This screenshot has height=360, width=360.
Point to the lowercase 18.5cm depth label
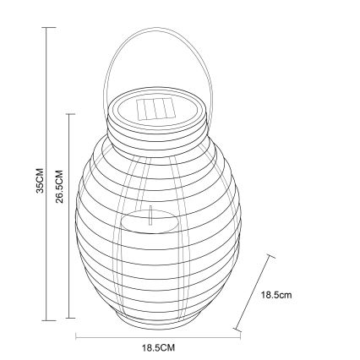[277, 296]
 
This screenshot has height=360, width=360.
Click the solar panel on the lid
[155, 110]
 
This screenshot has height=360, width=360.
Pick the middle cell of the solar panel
[155, 110]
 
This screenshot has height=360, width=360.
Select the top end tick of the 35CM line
[48, 27]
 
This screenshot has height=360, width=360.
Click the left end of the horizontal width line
[76, 337]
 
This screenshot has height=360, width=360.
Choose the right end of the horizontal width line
[239, 337]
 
